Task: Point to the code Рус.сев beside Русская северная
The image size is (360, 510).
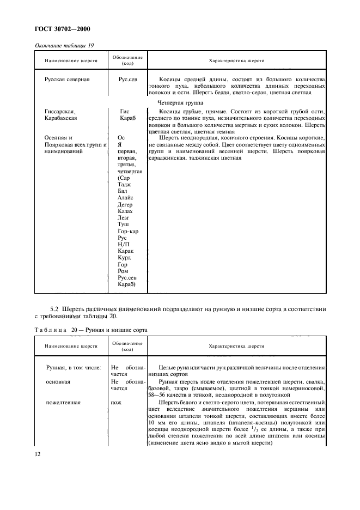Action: pyautogui.click(x=127, y=79)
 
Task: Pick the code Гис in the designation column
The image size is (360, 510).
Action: pyautogui.click(x=125, y=112)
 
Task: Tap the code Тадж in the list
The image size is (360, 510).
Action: pyautogui.click(x=124, y=184)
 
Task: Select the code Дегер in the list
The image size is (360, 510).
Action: pyautogui.click(x=125, y=204)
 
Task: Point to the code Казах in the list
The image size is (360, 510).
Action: pyautogui.click(x=125, y=211)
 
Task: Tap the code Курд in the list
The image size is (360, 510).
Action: pyautogui.click(x=124, y=258)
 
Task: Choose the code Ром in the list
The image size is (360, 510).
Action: pyautogui.click(x=123, y=271)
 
